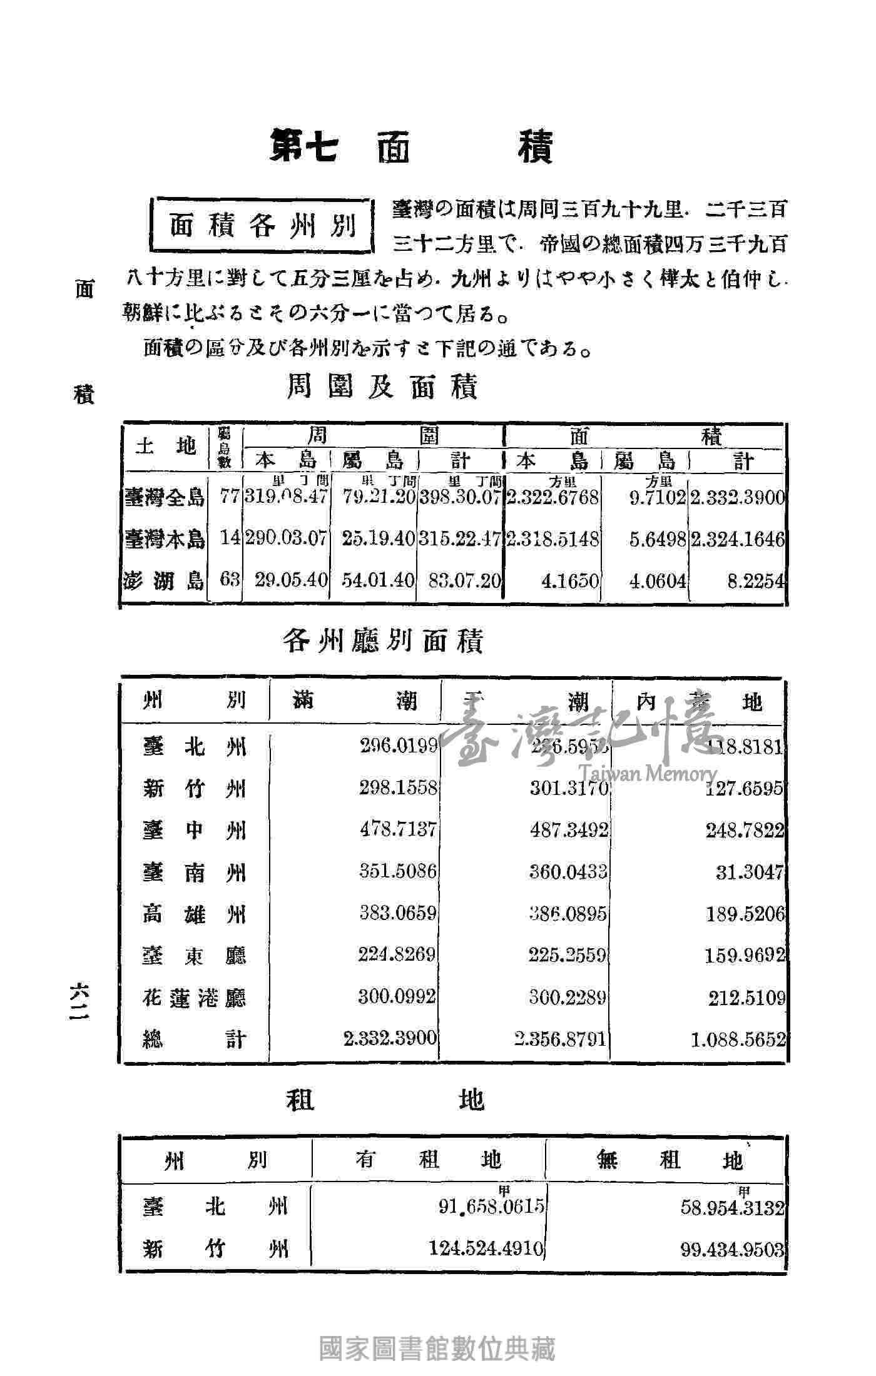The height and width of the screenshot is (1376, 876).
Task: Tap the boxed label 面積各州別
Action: tap(263, 226)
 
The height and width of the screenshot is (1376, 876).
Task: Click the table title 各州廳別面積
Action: tap(382, 641)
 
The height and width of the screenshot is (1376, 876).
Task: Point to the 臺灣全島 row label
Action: tap(165, 498)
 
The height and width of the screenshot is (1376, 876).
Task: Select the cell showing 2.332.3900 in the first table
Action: tap(738, 498)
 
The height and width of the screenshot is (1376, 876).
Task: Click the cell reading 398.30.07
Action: tap(461, 498)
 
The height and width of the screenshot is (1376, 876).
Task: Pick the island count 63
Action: tap(230, 580)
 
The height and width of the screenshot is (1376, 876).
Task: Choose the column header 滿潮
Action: tap(354, 702)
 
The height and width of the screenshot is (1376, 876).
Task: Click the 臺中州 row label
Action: tap(194, 831)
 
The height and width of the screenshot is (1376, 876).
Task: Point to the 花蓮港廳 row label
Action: tap(194, 998)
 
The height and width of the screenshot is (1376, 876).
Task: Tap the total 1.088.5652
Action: tap(738, 1040)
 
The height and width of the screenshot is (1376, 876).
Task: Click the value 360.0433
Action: tap(568, 871)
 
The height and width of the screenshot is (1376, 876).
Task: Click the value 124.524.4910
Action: tap(486, 1248)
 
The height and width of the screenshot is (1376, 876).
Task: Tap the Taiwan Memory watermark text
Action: tap(647, 774)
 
